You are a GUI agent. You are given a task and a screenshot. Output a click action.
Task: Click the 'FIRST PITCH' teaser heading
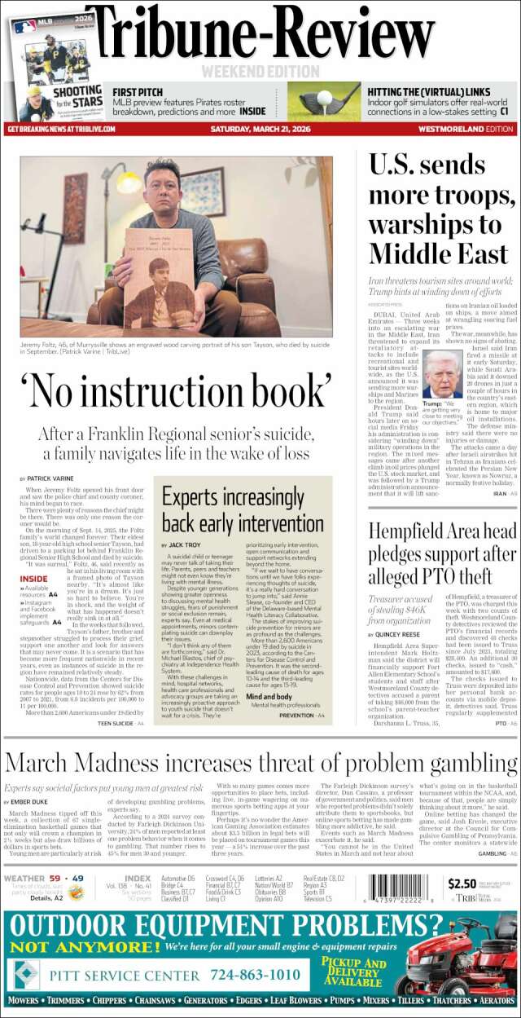coord(138,90)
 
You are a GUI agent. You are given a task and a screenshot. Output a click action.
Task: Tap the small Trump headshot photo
coord(443,375)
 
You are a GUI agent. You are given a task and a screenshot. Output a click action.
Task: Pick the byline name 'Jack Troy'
coord(186,544)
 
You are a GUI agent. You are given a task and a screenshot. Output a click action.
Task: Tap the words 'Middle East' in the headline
coord(438,253)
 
